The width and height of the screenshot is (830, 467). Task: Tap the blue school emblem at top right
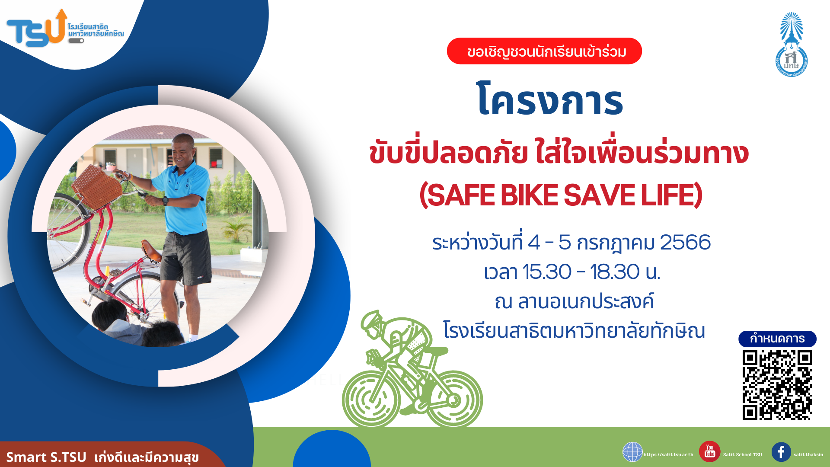click(791, 45)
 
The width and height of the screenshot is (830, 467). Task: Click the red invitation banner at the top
click(544, 51)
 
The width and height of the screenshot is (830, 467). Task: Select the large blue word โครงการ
click(549, 100)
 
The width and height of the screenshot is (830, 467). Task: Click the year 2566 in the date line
click(685, 242)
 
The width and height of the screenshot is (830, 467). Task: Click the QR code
click(777, 385)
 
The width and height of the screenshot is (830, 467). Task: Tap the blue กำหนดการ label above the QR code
click(777, 339)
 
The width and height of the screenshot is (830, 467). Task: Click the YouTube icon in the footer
click(710, 451)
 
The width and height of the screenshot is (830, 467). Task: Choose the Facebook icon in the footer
click(781, 452)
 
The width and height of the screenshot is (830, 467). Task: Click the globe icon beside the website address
click(632, 452)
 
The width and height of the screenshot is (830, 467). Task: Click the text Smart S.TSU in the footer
click(46, 457)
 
